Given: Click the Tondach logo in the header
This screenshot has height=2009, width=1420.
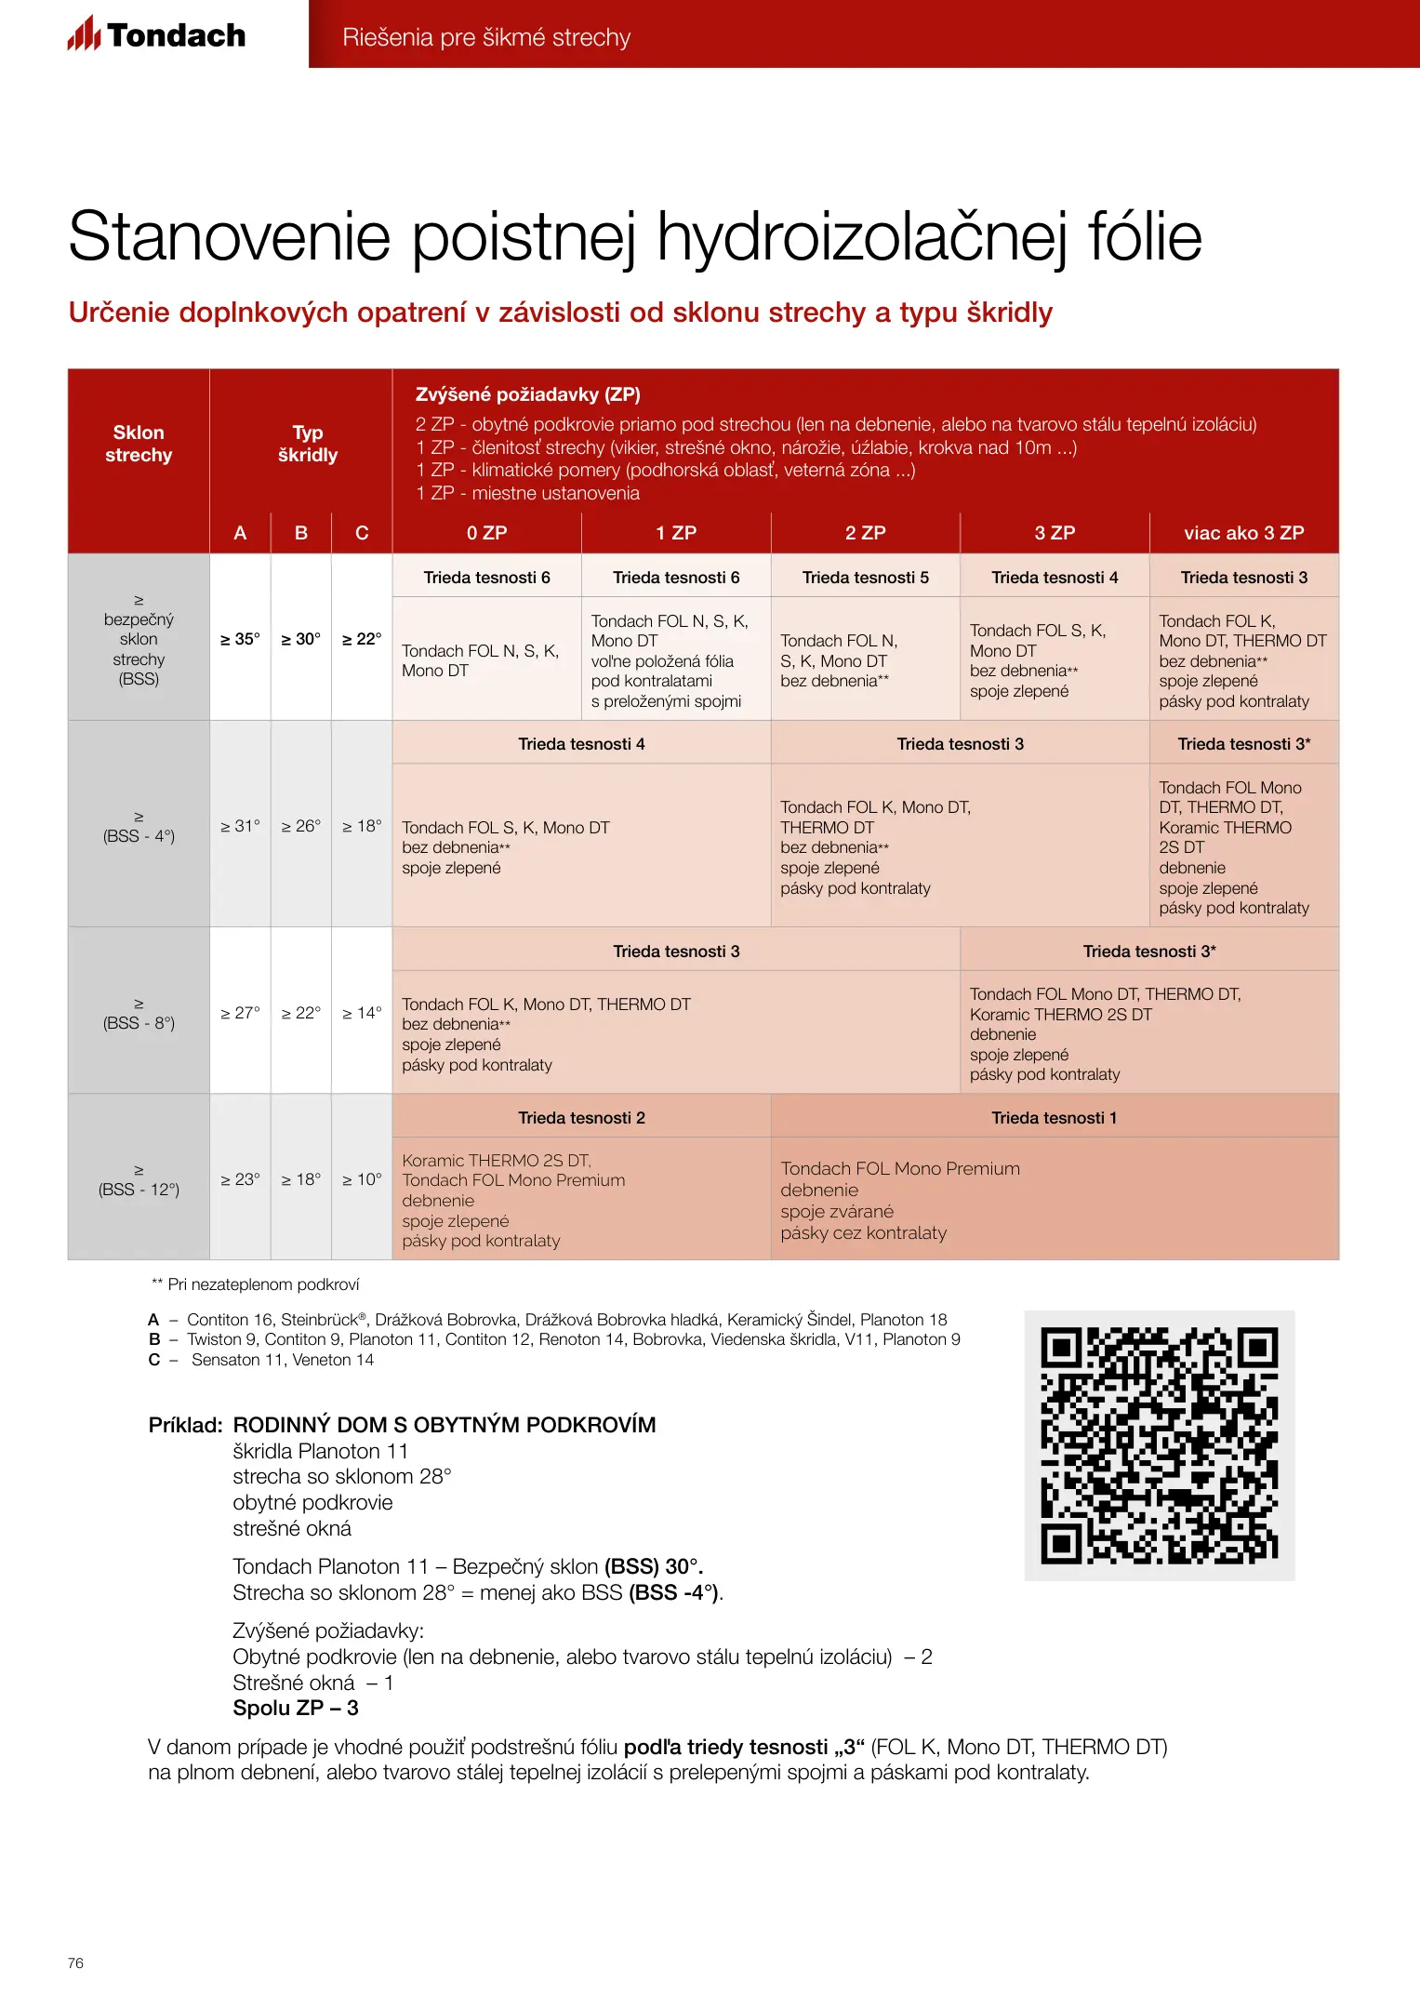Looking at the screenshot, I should point(156,35).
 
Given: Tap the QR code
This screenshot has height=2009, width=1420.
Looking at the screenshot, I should point(1159,1444).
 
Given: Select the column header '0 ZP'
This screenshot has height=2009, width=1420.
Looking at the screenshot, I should point(486,533).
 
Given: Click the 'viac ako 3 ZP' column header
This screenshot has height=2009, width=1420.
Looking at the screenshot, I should point(1243,533).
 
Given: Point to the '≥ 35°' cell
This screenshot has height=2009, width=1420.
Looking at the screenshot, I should point(240,639).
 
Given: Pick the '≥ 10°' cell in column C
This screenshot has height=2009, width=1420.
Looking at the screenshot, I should point(362,1179).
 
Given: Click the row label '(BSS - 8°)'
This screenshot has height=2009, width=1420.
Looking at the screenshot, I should point(139,1022).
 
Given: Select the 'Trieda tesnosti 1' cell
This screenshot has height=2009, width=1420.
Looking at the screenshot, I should point(1054,1117).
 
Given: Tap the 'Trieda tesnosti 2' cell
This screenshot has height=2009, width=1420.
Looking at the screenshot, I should point(581,1117).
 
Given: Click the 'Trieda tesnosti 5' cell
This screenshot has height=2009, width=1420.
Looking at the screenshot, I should point(865,578).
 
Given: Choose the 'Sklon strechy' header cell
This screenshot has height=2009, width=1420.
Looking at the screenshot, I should point(139,444).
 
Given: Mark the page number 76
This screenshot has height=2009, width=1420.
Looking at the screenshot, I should point(75,1962).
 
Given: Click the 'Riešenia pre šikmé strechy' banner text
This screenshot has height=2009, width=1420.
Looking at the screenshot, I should point(485,37).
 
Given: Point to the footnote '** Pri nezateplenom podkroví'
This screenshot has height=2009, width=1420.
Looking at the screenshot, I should point(256,1284).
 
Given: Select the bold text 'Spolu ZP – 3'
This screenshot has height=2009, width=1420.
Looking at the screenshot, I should point(295,1708).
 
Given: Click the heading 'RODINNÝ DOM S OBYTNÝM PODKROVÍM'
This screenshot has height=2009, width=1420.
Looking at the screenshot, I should point(444,1425).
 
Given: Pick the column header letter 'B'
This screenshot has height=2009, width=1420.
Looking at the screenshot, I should point(300,533).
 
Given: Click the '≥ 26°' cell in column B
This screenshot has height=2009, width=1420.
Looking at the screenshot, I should point(300,826).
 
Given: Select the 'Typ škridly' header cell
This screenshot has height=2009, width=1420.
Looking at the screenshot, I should point(307,444).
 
